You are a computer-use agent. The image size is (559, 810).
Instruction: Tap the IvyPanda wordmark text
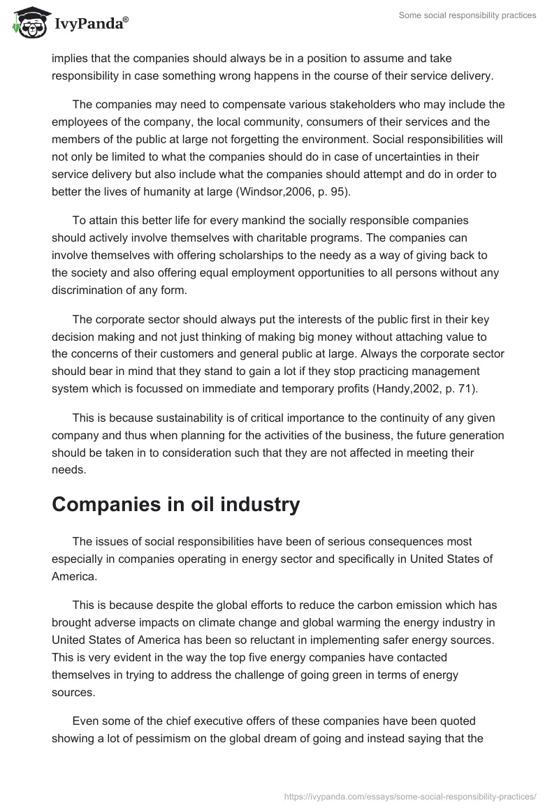click(90, 25)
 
